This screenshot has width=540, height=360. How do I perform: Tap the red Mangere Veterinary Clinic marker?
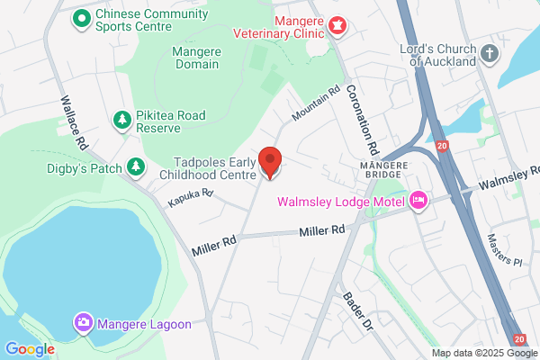pos(338,25)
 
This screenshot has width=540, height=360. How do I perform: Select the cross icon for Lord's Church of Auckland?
pos(490,53)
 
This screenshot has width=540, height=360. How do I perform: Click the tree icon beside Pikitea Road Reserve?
pos(121,120)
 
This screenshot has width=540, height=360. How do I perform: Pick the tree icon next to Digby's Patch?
pos(135,166)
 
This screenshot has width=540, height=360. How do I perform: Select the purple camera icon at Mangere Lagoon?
pos(83,321)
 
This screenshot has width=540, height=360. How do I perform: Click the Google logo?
pos(30,349)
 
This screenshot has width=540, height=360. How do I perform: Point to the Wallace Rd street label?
pos(74,122)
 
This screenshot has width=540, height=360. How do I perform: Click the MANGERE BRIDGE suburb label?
pos(384,166)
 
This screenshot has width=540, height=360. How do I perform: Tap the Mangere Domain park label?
pos(195,58)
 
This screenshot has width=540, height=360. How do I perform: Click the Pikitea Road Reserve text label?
pos(172,121)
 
